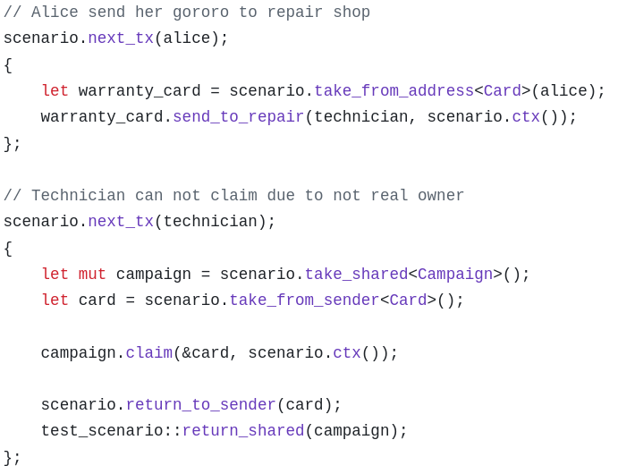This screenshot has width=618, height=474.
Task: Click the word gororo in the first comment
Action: click(200, 13)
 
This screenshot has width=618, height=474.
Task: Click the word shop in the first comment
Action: click(351, 13)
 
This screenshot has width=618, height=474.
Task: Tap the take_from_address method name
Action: click(394, 91)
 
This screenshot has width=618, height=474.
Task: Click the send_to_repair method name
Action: click(238, 117)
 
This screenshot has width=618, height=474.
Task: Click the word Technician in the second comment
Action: click(78, 196)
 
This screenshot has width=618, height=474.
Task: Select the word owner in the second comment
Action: click(441, 196)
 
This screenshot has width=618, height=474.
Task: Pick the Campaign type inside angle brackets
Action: click(455, 275)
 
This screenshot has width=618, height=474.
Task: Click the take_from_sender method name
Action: click(304, 300)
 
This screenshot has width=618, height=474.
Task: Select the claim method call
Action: click(148, 353)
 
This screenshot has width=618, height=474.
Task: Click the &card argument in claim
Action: click(206, 353)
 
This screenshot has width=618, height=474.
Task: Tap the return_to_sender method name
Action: click(200, 405)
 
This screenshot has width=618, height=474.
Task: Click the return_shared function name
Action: click(243, 431)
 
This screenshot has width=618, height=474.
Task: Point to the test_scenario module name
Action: click(102, 431)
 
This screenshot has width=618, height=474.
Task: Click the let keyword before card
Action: click(55, 300)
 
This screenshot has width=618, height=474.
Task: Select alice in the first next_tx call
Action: click(186, 38)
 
